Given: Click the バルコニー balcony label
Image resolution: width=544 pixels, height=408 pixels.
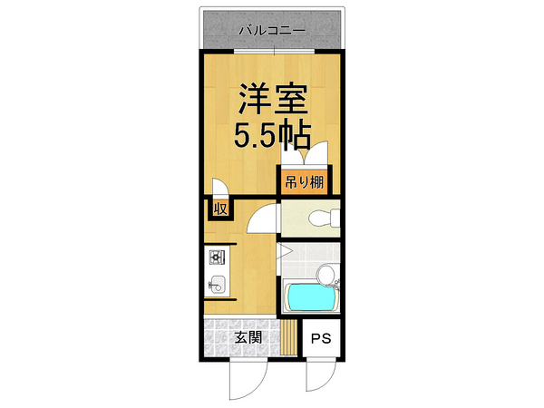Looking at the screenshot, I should point(271,31).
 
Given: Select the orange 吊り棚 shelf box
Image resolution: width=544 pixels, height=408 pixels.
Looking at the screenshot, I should point(306,180).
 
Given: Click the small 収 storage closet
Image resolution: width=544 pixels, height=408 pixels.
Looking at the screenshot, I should point(219,209).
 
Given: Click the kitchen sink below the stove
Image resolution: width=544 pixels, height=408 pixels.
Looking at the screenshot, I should point(217,283).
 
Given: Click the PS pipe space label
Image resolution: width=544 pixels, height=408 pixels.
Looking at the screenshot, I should point(320,341).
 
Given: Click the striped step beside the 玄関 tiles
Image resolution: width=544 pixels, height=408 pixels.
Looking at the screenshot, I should point(287,339).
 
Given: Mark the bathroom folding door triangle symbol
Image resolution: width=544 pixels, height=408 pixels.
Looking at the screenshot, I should point(284,251).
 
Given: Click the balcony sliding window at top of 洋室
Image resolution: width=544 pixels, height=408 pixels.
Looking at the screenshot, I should point(271,52).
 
